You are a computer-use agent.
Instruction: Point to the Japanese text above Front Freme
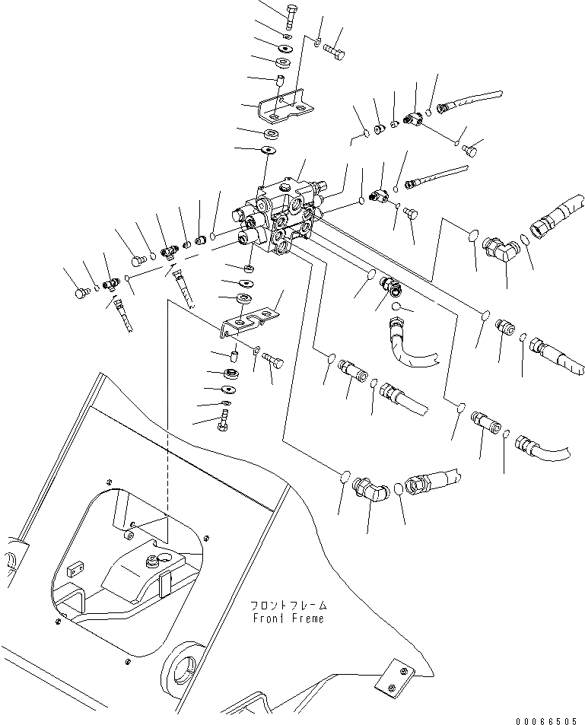coord(289,606)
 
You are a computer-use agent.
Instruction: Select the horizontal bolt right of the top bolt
coord(335,52)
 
